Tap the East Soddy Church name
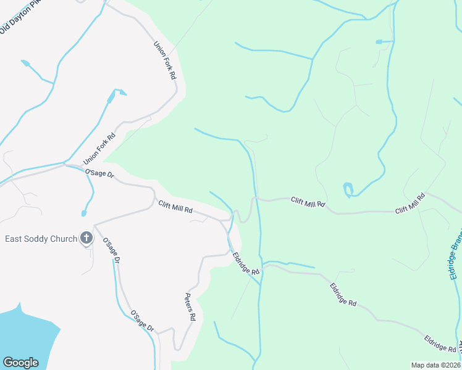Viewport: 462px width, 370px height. tap(41, 239)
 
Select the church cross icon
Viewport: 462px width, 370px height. tap(86, 238)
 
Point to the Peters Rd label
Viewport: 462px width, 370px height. tap(191, 306)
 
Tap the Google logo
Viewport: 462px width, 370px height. tap(20, 362)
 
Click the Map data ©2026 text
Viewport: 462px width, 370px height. tap(436, 365)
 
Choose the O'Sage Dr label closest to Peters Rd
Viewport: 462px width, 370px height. tap(141, 323)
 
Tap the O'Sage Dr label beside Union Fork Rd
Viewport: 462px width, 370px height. tap(99, 175)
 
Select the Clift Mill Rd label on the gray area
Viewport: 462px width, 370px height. tap(175, 207)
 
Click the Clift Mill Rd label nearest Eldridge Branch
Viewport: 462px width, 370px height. tap(410, 203)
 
